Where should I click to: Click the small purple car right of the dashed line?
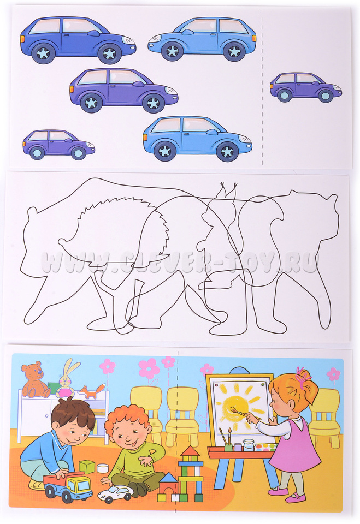tap(306, 87)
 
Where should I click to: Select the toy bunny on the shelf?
tap(66, 378)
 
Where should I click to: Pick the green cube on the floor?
tap(86, 467)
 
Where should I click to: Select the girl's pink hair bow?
tap(303, 378)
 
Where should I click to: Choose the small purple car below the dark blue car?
tap(58, 144)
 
